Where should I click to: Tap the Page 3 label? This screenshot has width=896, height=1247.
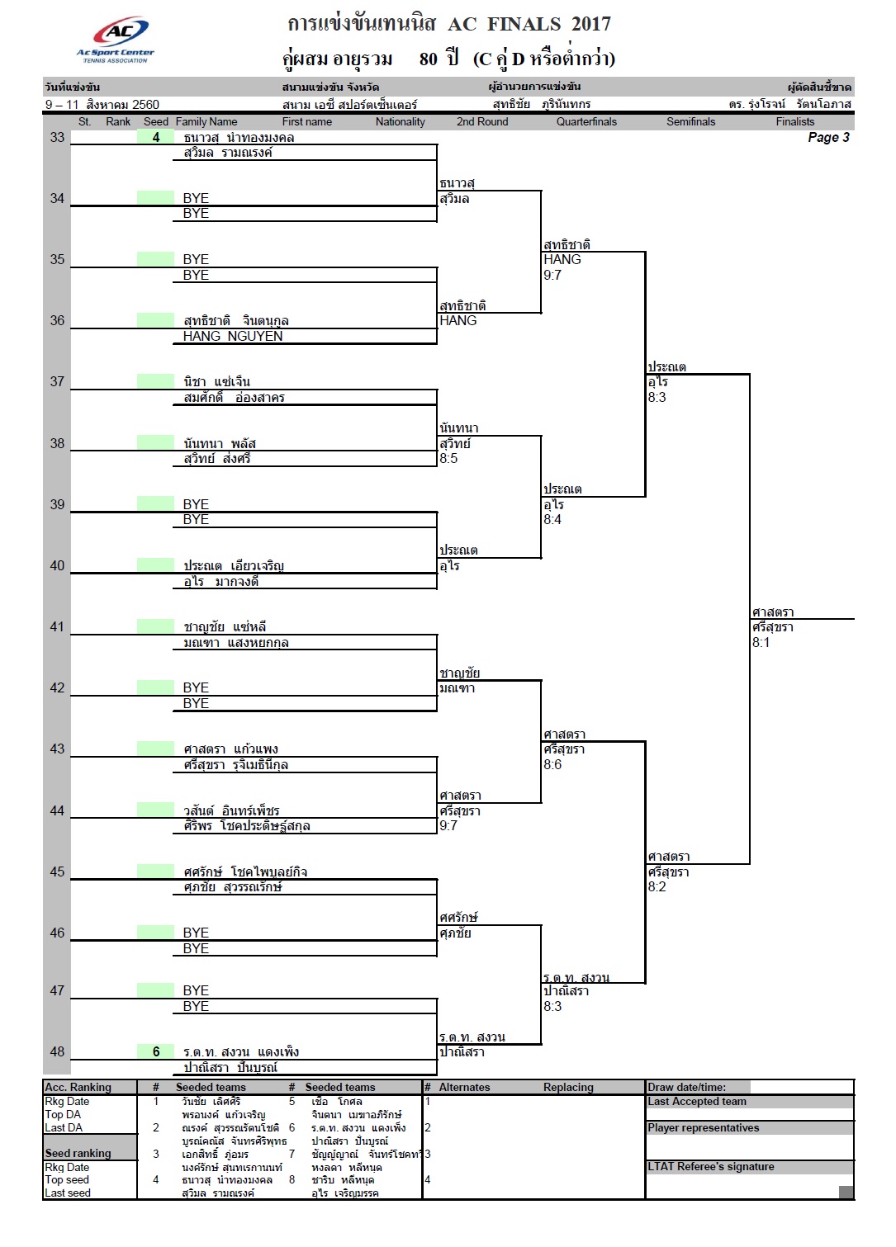pyautogui.click(x=828, y=138)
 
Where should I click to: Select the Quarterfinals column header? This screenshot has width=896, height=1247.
pyautogui.click(x=586, y=122)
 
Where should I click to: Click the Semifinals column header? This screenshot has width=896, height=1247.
pyautogui.click(x=690, y=122)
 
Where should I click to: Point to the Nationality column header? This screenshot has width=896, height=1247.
pyautogui.click(x=400, y=122)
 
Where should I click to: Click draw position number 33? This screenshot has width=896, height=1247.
pyautogui.click(x=57, y=138)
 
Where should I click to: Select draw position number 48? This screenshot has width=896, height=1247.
pyautogui.click(x=57, y=1051)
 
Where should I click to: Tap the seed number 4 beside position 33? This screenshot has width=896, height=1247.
pyautogui.click(x=156, y=138)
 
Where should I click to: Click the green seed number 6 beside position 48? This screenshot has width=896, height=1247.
pyautogui.click(x=156, y=1051)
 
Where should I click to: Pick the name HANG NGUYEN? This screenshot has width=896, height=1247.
pyautogui.click(x=232, y=336)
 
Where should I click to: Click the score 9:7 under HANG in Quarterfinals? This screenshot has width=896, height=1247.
pyautogui.click(x=552, y=275)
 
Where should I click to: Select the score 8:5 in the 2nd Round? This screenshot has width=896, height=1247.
pyautogui.click(x=448, y=458)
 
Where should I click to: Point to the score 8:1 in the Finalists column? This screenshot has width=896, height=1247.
pyautogui.click(x=761, y=642)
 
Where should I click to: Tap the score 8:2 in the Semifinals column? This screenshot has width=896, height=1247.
pyautogui.click(x=657, y=887)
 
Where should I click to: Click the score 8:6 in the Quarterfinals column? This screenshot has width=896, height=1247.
pyautogui.click(x=552, y=764)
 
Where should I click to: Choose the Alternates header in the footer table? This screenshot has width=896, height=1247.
pyautogui.click(x=464, y=1087)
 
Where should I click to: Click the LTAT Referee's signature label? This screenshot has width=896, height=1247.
pyautogui.click(x=710, y=1166)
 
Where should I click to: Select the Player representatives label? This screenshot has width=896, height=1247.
pyautogui.click(x=704, y=1127)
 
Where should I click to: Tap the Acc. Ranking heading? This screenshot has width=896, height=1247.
pyautogui.click(x=78, y=1087)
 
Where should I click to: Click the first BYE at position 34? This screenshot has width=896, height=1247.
pyautogui.click(x=196, y=198)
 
